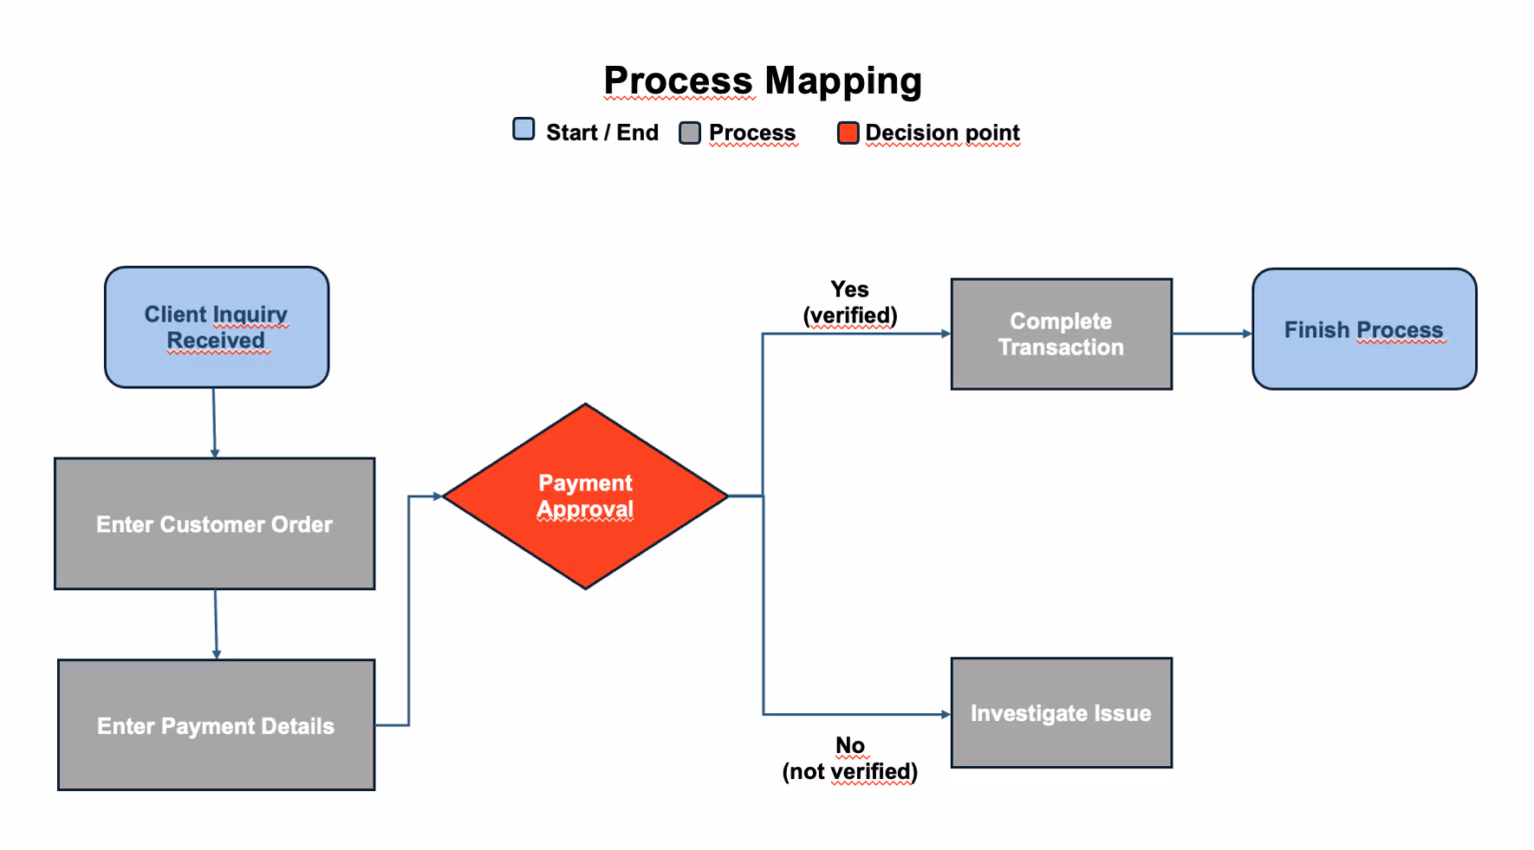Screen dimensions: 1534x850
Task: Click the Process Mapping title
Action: pyautogui.click(x=762, y=82)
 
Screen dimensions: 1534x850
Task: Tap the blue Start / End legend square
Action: pyautogui.click(x=524, y=129)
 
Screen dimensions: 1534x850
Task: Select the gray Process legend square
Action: pyautogui.click(x=690, y=133)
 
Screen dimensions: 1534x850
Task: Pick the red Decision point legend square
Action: pyautogui.click(x=848, y=133)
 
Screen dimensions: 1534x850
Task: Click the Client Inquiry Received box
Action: pyautogui.click(x=217, y=328)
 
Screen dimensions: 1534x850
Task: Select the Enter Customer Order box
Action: pyautogui.click(x=215, y=523)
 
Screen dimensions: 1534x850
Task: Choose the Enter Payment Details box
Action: pyautogui.click(x=216, y=725)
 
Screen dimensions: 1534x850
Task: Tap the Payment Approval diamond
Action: pyautogui.click(x=585, y=495)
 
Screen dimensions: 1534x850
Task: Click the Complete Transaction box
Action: pyautogui.click(x=1062, y=335)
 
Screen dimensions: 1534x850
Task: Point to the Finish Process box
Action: pyautogui.click(x=1364, y=329)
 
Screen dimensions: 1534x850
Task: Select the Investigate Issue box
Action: pyautogui.click(x=1062, y=713)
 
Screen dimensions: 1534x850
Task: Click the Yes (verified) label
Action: pyautogui.click(x=850, y=302)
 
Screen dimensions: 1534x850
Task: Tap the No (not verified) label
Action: pyautogui.click(x=850, y=758)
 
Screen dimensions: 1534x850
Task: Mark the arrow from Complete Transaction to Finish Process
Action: pyautogui.click(x=1212, y=334)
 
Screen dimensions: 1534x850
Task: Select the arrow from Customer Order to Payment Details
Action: pyautogui.click(x=216, y=624)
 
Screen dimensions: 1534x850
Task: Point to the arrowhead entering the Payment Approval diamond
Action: pyautogui.click(x=437, y=495)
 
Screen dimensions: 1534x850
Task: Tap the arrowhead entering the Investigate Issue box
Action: pyautogui.click(x=946, y=714)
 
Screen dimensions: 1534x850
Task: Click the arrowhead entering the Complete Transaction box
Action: pyautogui.click(x=946, y=334)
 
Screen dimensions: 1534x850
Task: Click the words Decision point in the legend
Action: pyautogui.click(x=943, y=133)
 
